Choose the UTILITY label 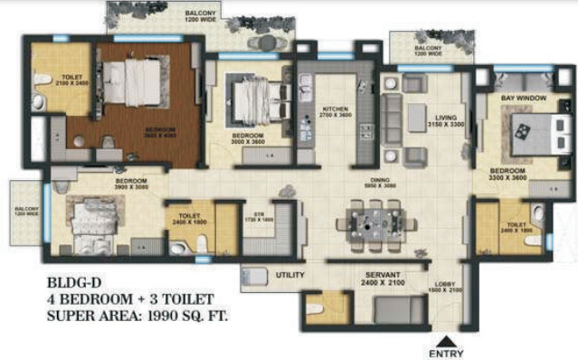point(289,275)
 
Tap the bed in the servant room point(394,309)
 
